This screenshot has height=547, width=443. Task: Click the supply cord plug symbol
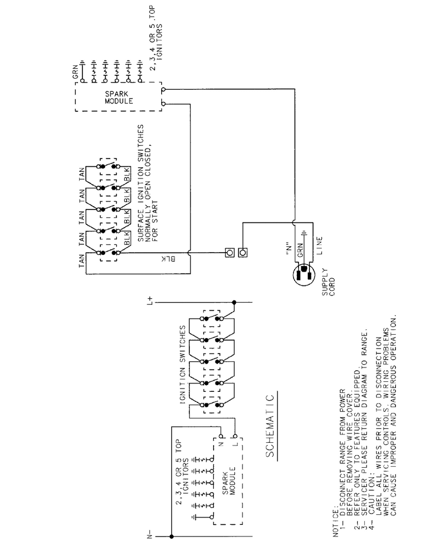click(x=305, y=274)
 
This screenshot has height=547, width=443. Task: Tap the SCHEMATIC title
click(x=270, y=426)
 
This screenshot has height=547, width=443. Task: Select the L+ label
click(x=150, y=300)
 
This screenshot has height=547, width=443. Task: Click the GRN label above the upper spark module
click(x=75, y=72)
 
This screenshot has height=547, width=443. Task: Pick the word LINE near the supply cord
click(x=320, y=246)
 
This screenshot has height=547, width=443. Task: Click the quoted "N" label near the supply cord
click(x=288, y=248)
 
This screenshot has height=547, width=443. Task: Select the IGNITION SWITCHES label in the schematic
click(x=183, y=365)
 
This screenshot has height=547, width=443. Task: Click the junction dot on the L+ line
click(x=234, y=302)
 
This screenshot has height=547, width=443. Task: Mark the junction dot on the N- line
click(x=171, y=536)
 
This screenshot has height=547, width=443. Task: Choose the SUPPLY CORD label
click(x=328, y=282)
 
